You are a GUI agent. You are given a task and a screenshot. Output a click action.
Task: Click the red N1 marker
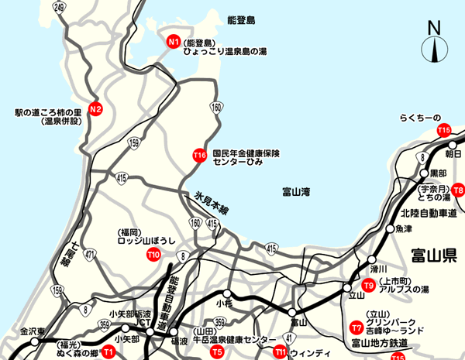pyautogui.click(x=174, y=41)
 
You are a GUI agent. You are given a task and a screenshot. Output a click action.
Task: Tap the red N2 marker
pyautogui.click(x=95, y=108)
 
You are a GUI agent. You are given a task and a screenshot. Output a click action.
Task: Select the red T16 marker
pyautogui.click(x=199, y=156)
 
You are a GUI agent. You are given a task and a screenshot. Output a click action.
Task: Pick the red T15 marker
pyautogui.click(x=443, y=130)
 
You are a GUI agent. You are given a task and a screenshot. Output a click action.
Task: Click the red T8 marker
pyautogui.click(x=458, y=190)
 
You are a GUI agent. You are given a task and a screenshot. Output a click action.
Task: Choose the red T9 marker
pyautogui.click(x=369, y=286)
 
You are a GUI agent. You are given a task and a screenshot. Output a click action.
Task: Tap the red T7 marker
pyautogui.click(x=356, y=325)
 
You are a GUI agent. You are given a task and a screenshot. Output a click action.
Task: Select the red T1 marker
pyautogui.click(x=108, y=352)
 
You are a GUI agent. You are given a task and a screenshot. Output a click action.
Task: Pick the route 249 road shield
pyautogui.click(x=60, y=7)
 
